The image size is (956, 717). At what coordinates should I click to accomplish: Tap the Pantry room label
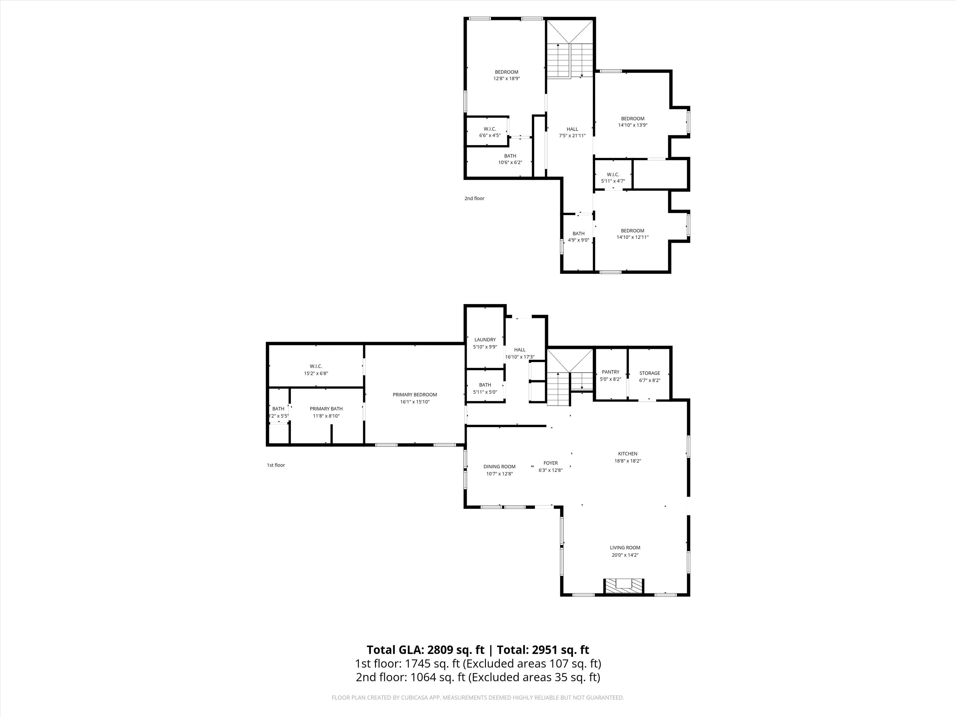point(610,372)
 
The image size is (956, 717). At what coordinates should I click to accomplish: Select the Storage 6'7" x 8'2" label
point(649,376)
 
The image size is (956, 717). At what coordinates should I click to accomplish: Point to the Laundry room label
point(485,340)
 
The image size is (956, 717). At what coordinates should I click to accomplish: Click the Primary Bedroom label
point(415,395)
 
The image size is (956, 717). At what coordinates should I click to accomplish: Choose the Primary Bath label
point(326,409)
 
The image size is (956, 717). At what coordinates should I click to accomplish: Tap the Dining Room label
point(499,467)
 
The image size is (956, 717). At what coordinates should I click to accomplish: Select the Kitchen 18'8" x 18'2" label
point(627,457)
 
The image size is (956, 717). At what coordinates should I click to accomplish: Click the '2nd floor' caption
point(474,199)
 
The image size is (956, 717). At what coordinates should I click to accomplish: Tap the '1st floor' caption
point(276,465)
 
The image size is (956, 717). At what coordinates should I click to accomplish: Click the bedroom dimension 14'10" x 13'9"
point(633,125)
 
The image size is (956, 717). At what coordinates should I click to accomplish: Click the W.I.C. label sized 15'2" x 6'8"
point(316,370)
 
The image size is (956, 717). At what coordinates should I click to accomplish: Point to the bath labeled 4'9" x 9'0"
point(578,237)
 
